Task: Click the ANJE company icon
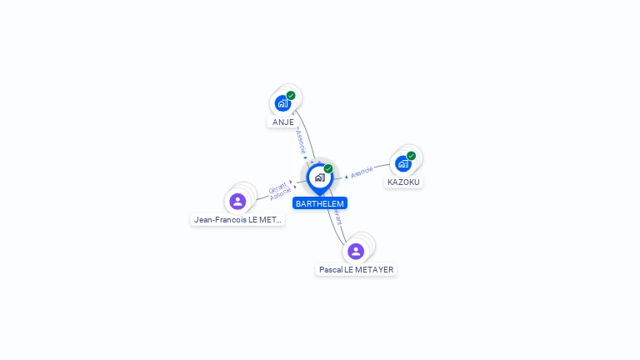click(282, 103)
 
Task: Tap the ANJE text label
click(283, 122)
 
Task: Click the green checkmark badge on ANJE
click(291, 95)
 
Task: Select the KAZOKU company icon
click(403, 163)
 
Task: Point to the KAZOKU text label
click(404, 182)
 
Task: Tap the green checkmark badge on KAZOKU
click(412, 156)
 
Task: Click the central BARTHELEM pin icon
click(319, 177)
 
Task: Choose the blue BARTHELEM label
click(320, 203)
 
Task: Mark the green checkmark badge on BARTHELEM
click(328, 169)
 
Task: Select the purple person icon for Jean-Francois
click(237, 201)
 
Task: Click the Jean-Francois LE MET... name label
click(238, 220)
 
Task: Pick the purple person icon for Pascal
click(356, 251)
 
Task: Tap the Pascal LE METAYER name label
click(357, 270)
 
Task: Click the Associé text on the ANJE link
click(301, 139)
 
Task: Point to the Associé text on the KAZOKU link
click(362, 172)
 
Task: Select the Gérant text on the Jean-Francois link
click(277, 187)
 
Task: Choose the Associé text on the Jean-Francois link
click(281, 193)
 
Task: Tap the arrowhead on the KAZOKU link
click(346, 177)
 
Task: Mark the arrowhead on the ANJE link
click(306, 157)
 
